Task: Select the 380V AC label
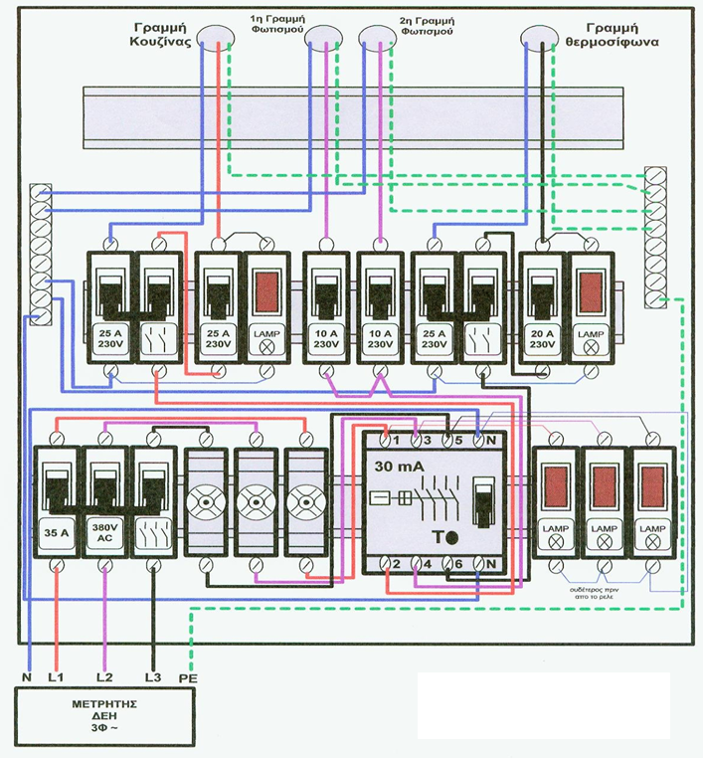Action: (104, 529)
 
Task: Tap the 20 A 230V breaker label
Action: (542, 336)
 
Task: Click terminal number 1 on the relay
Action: (395, 439)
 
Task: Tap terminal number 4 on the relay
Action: (426, 565)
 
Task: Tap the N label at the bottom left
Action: (28, 677)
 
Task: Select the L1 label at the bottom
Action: (58, 677)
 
